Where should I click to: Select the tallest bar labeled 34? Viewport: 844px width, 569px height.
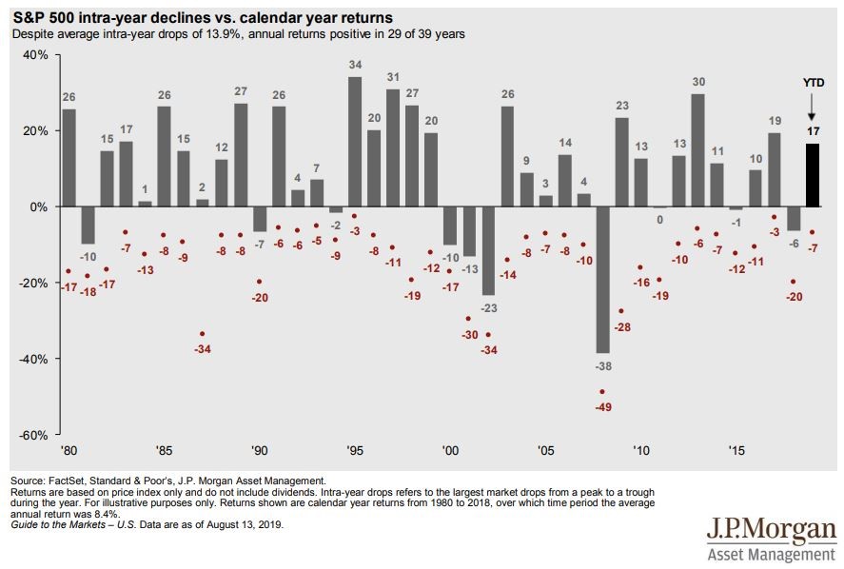pyautogui.click(x=355, y=141)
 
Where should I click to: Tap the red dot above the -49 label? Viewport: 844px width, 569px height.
pyautogui.click(x=601, y=392)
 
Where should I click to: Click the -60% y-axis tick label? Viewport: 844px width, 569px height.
pyautogui.click(x=33, y=435)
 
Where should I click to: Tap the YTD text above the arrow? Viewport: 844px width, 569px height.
pyautogui.click(x=814, y=83)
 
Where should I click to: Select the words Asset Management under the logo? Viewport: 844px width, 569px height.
pyautogui.click(x=772, y=554)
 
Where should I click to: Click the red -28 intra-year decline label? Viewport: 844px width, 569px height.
pyautogui.click(x=621, y=326)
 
